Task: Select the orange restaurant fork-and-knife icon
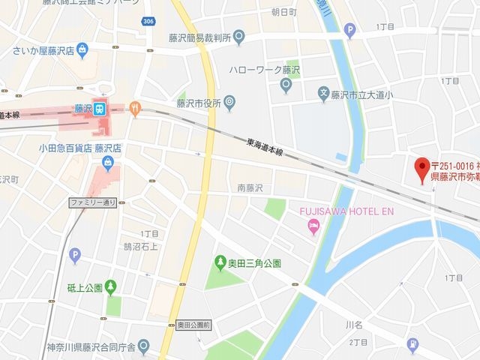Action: click(135, 108)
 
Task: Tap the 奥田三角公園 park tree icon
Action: click(220, 262)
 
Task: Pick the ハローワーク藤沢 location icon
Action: click(286, 85)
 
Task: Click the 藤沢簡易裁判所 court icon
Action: click(238, 35)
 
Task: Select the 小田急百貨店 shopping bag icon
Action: click(109, 163)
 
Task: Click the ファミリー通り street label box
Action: click(93, 202)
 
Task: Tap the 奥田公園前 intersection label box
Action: click(194, 325)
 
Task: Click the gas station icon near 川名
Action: click(412, 344)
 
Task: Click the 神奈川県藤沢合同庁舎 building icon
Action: click(144, 346)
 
